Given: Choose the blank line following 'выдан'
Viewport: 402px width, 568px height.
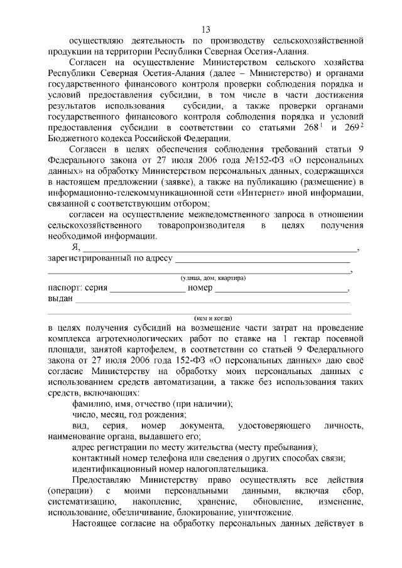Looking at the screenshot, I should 212,303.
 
